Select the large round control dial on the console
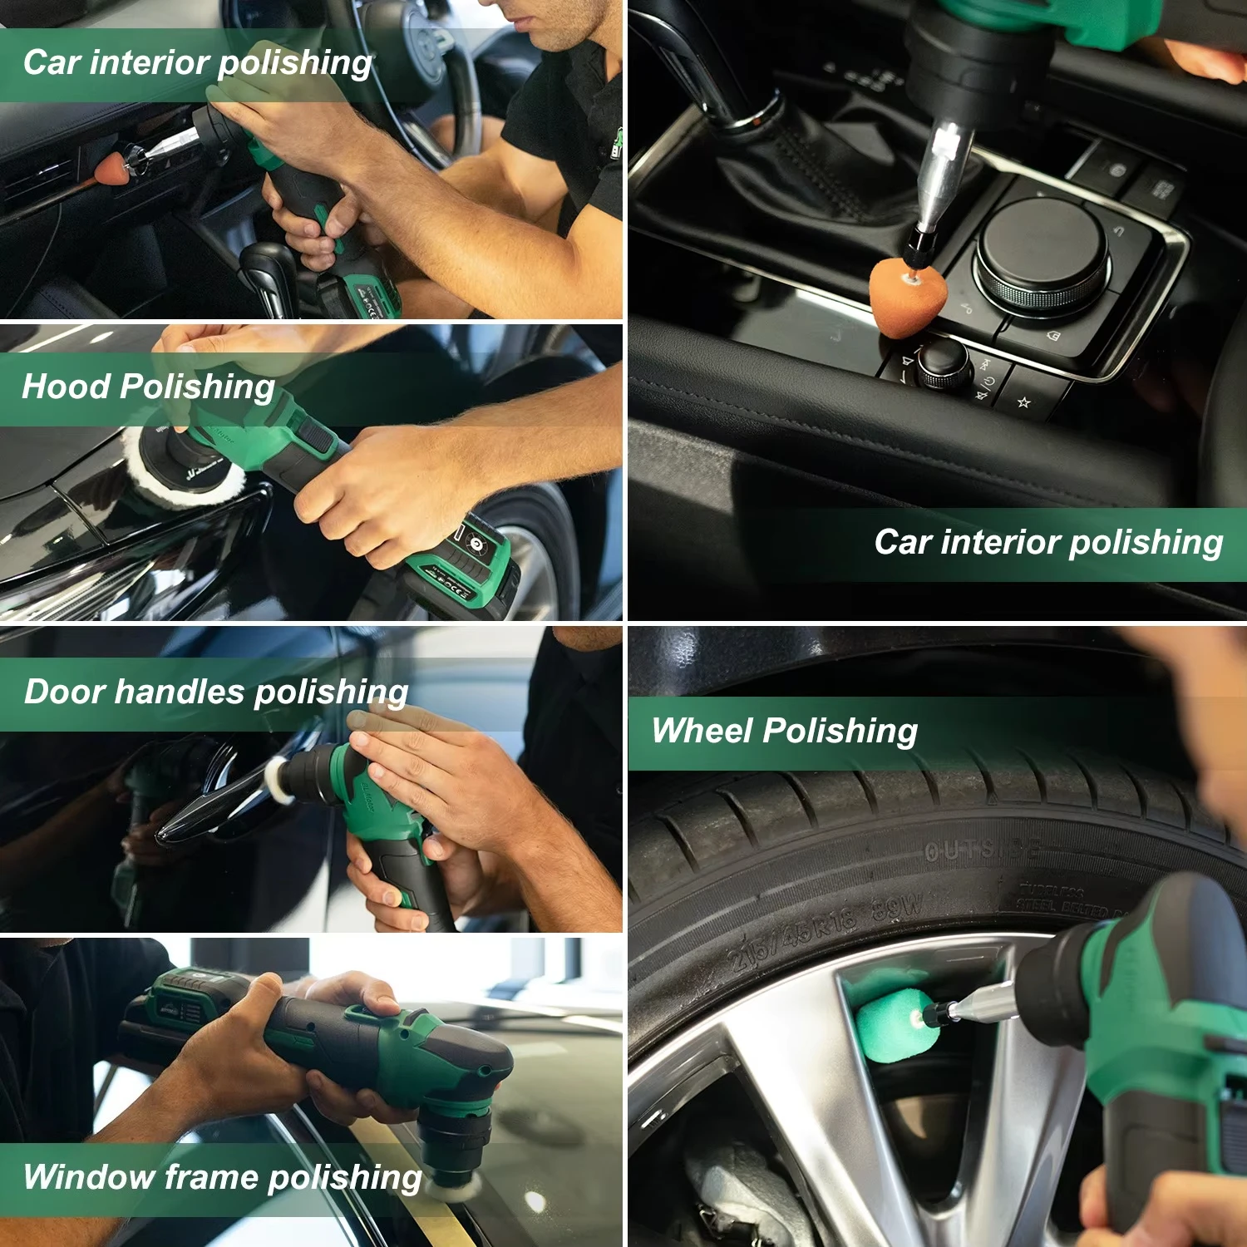point(1042,250)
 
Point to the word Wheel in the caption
point(702,731)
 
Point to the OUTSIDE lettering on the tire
point(981,850)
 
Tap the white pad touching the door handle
point(278,779)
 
